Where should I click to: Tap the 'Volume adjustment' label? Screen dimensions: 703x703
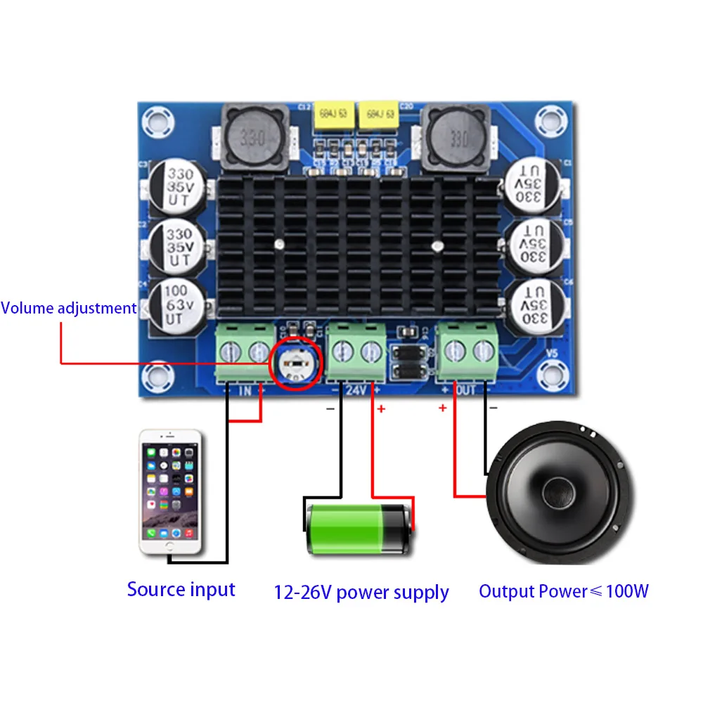pyautogui.click(x=68, y=308)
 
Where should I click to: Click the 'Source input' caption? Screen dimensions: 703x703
pyautogui.click(x=181, y=589)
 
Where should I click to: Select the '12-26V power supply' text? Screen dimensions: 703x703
pyautogui.click(x=361, y=592)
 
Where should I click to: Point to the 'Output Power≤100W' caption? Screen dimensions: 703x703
pyautogui.click(x=563, y=591)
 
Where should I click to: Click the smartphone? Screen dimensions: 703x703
pyautogui.click(x=171, y=492)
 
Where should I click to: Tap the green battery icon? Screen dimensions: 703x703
pyautogui.click(x=357, y=529)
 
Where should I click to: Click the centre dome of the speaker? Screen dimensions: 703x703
pyautogui.click(x=559, y=492)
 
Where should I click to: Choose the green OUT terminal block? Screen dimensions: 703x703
pyautogui.click(x=468, y=353)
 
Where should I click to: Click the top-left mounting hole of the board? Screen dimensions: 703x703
pyautogui.click(x=156, y=121)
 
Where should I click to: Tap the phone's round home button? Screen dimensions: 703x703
pyautogui.click(x=169, y=545)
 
